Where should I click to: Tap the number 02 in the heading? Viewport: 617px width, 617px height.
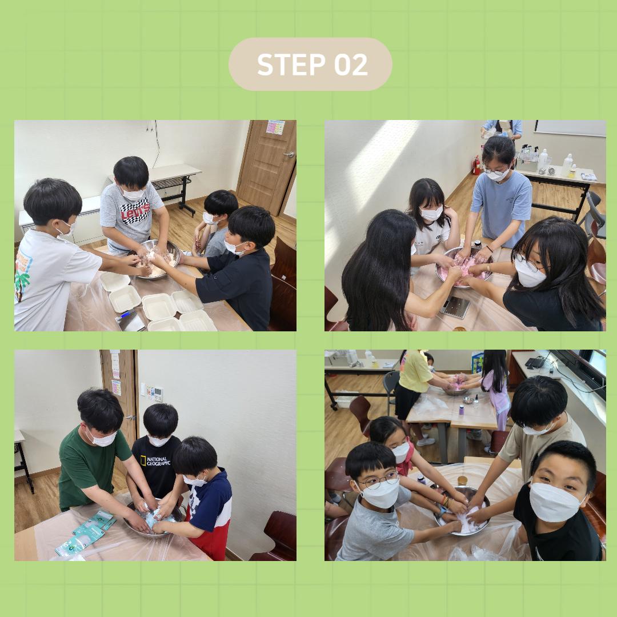351,65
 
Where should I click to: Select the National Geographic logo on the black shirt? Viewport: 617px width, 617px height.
155,461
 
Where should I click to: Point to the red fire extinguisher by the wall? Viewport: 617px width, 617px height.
476,165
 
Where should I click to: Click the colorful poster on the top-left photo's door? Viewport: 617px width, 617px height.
275,127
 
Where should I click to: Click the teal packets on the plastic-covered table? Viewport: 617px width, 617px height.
87,532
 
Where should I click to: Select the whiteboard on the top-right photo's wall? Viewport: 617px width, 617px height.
570,129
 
